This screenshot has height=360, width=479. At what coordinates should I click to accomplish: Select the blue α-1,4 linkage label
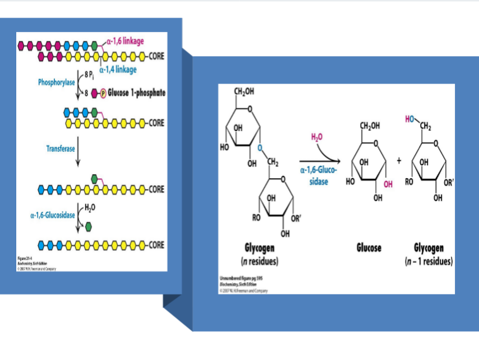coord(118,70)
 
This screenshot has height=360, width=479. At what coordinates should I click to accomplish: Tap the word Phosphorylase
coord(57,82)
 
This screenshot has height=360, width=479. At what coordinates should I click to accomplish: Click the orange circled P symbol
coord(103,93)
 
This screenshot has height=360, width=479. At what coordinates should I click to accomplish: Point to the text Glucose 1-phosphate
coord(136,93)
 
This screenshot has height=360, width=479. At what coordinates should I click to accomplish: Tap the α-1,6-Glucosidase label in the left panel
coord(52,214)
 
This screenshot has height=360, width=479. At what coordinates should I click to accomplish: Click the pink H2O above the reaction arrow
coord(317,137)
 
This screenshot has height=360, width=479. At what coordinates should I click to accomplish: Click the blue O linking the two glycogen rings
coord(260,147)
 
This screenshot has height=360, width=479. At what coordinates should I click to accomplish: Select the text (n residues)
coord(261,262)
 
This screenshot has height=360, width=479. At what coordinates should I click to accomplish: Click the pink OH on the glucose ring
coord(388,184)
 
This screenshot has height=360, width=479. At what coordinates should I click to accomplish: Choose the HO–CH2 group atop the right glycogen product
coord(417,119)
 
